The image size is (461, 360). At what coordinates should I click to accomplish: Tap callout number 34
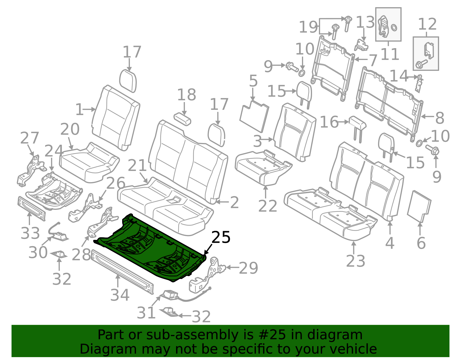tap(120, 295)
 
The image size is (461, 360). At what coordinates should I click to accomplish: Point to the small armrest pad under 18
tap(182, 119)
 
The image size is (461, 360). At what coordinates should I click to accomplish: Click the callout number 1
tap(79, 110)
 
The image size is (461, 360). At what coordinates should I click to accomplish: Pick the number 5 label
tap(253, 81)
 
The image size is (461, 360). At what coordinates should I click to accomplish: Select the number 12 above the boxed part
tap(427, 24)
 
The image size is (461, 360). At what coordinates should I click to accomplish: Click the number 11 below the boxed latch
tap(390, 54)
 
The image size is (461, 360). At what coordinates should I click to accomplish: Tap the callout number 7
tap(373, 61)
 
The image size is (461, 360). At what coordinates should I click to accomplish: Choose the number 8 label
tap(440, 118)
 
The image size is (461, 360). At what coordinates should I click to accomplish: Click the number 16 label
tap(329, 122)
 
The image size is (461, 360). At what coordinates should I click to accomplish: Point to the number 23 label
tap(356, 261)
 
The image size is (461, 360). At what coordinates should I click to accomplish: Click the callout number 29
tap(248, 268)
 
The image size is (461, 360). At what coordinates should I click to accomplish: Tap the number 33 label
tap(30, 233)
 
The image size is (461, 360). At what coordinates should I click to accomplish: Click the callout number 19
tap(308, 27)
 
